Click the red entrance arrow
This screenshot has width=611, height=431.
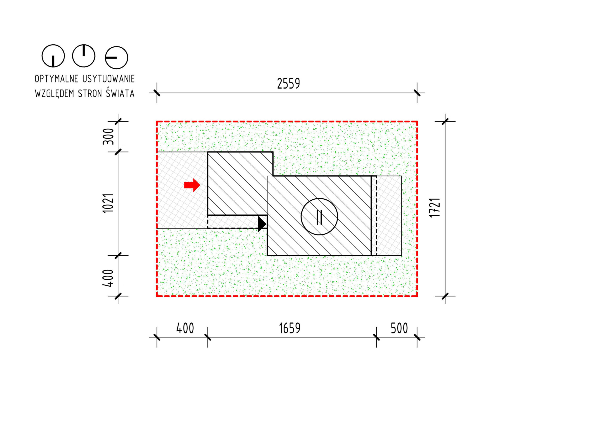coord(192,185)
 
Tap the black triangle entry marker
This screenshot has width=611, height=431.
coord(262,223)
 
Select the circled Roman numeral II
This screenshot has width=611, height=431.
coord(319,217)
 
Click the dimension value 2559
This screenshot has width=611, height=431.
coord(289,83)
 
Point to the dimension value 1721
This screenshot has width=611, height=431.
coord(435,208)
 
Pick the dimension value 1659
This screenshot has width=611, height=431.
coord(290,328)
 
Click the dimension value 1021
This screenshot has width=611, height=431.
coord(108,203)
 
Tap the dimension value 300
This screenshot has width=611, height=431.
coord(108,136)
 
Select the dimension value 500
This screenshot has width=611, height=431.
coord(399,328)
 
